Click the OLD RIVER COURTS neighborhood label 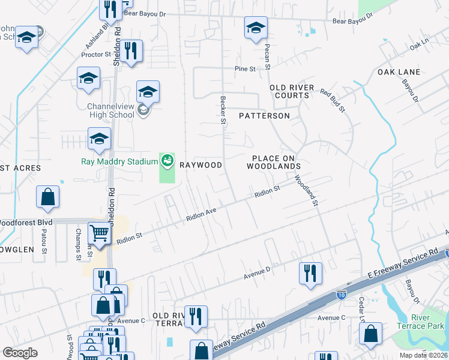click(292, 91)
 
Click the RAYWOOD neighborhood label click(202, 165)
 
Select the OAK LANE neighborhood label click(399, 72)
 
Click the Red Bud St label click(333, 100)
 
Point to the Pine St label click(245, 69)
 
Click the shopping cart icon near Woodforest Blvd click(100, 232)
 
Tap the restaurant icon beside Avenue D click(310, 272)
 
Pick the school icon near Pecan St click(256, 27)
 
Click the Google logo click(20, 353)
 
